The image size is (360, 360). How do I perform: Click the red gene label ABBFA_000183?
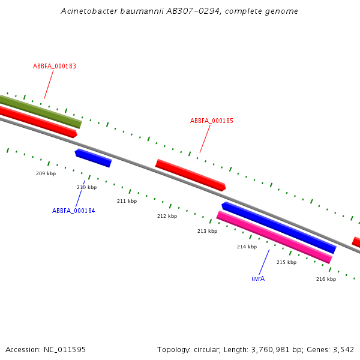coord(55,67)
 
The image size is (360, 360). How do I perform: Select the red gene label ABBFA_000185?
coord(212,121)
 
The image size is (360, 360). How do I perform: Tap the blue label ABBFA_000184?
coord(73,211)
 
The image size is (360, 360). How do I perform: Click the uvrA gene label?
coord(258,278)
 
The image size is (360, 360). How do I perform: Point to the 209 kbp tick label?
coord(46,173)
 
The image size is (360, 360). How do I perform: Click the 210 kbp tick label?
coord(86,187)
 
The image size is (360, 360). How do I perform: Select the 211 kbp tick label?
coord(127,201)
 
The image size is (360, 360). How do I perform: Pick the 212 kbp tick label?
coord(167,216)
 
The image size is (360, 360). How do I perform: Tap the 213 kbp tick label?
coord(207,231)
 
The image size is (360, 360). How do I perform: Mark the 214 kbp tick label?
coord(247,247)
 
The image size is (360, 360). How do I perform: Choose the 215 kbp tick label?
coord(286,262)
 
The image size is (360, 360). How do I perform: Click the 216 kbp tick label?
coord(326,279)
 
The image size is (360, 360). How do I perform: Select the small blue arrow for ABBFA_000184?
coord(93,158)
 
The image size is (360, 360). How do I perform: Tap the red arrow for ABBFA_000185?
coord(190,175)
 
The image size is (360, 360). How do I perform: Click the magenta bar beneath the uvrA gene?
coord(274,237)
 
